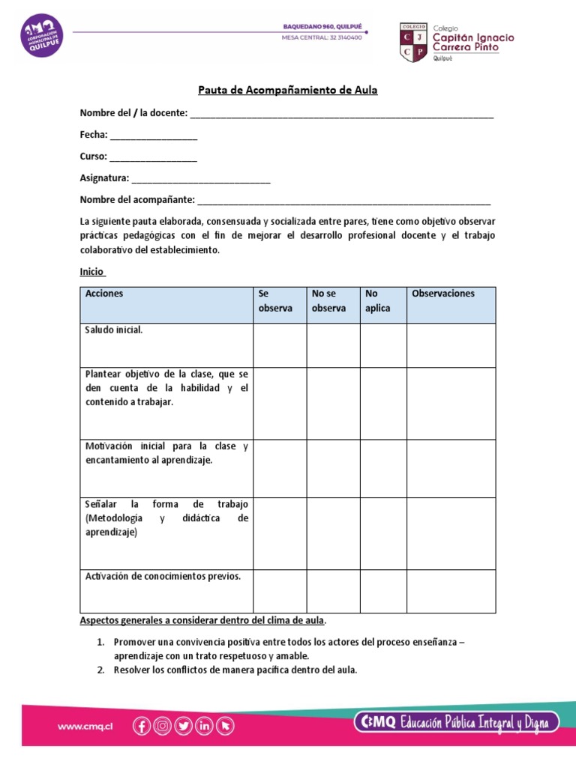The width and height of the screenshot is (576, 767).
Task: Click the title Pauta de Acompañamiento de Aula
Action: pos(287,91)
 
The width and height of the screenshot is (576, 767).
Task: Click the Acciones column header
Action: pos(104,294)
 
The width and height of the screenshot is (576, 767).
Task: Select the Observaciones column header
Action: pos(443,294)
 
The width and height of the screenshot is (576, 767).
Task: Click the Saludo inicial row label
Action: pos(114,330)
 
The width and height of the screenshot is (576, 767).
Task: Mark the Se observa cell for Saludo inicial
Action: pos(279,345)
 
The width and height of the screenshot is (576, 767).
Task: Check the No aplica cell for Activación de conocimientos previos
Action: pos(382,591)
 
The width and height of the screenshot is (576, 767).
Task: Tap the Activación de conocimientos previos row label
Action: pos(163,577)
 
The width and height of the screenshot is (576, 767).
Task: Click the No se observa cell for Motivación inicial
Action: pos(333,468)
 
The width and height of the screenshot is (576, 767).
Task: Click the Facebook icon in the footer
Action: pos(141,725)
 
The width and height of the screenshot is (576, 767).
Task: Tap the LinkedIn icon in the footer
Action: pos(204,725)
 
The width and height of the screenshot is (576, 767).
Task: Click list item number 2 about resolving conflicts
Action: pos(235,670)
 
